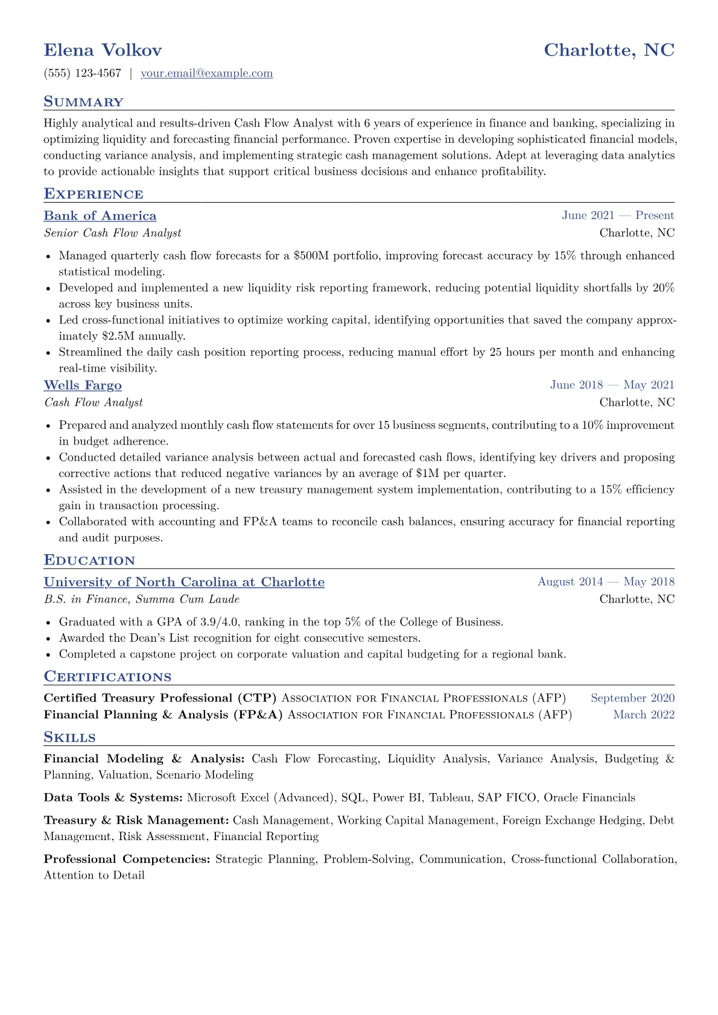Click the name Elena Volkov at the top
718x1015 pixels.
(x=103, y=50)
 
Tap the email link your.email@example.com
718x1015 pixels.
(x=206, y=74)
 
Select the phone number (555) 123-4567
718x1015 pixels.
(x=83, y=74)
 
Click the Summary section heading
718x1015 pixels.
(x=83, y=102)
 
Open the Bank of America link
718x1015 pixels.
(x=100, y=216)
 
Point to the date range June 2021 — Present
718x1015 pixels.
(x=618, y=216)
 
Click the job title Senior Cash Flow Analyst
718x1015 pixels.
(x=112, y=233)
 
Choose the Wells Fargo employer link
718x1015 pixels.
(x=83, y=385)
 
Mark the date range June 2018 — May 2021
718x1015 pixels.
(x=612, y=385)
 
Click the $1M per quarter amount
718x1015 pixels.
(x=428, y=473)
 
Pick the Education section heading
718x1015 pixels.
(x=89, y=560)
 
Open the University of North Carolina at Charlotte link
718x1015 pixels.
(x=184, y=582)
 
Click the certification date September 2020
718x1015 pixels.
(x=632, y=698)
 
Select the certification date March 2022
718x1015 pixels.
(x=643, y=715)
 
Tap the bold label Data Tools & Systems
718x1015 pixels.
(x=113, y=798)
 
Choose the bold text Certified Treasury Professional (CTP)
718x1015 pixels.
(x=160, y=698)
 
